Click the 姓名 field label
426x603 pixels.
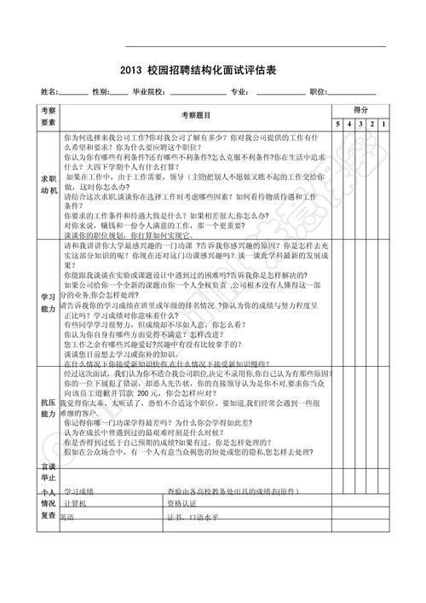coord(48,91)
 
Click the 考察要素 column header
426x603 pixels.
coord(47,117)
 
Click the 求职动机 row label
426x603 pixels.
coord(47,185)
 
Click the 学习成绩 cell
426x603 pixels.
coord(80,492)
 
